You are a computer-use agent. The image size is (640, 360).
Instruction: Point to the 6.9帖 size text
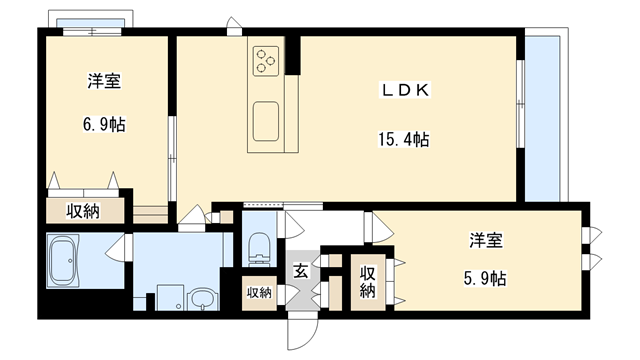pyautogui.click(x=104, y=125)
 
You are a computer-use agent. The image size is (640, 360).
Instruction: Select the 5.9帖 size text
pyautogui.click(x=485, y=277)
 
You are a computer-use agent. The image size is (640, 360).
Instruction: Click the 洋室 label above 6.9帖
pyautogui.click(x=104, y=83)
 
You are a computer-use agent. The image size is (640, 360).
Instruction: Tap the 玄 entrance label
pyautogui.click(x=301, y=269)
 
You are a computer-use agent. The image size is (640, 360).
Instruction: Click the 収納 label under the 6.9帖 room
pyautogui.click(x=83, y=210)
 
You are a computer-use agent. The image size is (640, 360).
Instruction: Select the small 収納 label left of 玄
pyautogui.click(x=259, y=292)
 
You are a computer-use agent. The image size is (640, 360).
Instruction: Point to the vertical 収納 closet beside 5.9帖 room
pyautogui.click(x=367, y=282)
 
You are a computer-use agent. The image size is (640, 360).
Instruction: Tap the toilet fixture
pyautogui.click(x=259, y=245)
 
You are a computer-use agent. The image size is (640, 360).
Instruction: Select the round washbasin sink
pyautogui.click(x=203, y=299)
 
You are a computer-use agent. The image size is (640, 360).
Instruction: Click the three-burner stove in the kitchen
pyautogui.click(x=265, y=61)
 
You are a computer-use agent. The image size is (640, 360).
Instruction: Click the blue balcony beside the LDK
pyautogui.click(x=543, y=117)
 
